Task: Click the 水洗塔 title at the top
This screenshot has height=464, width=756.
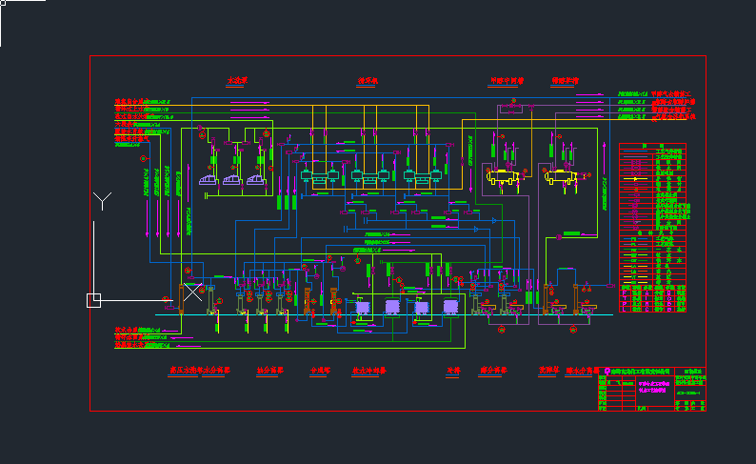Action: [x=237, y=81]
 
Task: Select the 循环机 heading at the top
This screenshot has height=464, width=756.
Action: [x=368, y=81]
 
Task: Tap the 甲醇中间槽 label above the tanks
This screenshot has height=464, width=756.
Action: [x=507, y=81]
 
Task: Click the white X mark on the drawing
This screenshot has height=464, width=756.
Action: [x=193, y=292]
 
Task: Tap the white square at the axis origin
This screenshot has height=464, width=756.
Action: [x=93, y=301]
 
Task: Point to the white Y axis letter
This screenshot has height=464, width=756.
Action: [x=103, y=200]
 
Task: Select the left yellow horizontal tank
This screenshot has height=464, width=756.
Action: [x=501, y=176]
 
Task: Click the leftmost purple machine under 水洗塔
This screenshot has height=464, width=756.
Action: [x=209, y=178]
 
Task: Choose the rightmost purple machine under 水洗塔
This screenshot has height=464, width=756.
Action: [x=256, y=178]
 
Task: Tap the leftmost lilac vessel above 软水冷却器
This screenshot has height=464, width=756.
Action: [x=363, y=308]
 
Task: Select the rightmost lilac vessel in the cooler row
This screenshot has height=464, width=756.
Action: [x=450, y=308]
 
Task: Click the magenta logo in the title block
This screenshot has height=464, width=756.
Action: [x=604, y=378]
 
